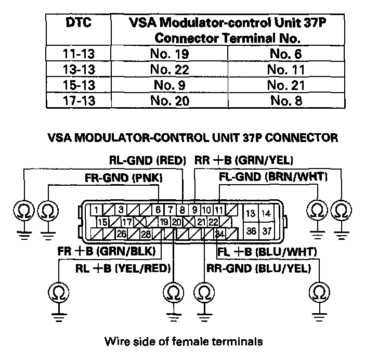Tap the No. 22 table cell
point(168,69)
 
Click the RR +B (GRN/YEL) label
point(244,160)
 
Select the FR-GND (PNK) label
point(124,178)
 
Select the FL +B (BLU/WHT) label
point(267,252)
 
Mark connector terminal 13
point(251,213)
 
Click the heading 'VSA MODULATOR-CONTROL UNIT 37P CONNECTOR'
point(192,138)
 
